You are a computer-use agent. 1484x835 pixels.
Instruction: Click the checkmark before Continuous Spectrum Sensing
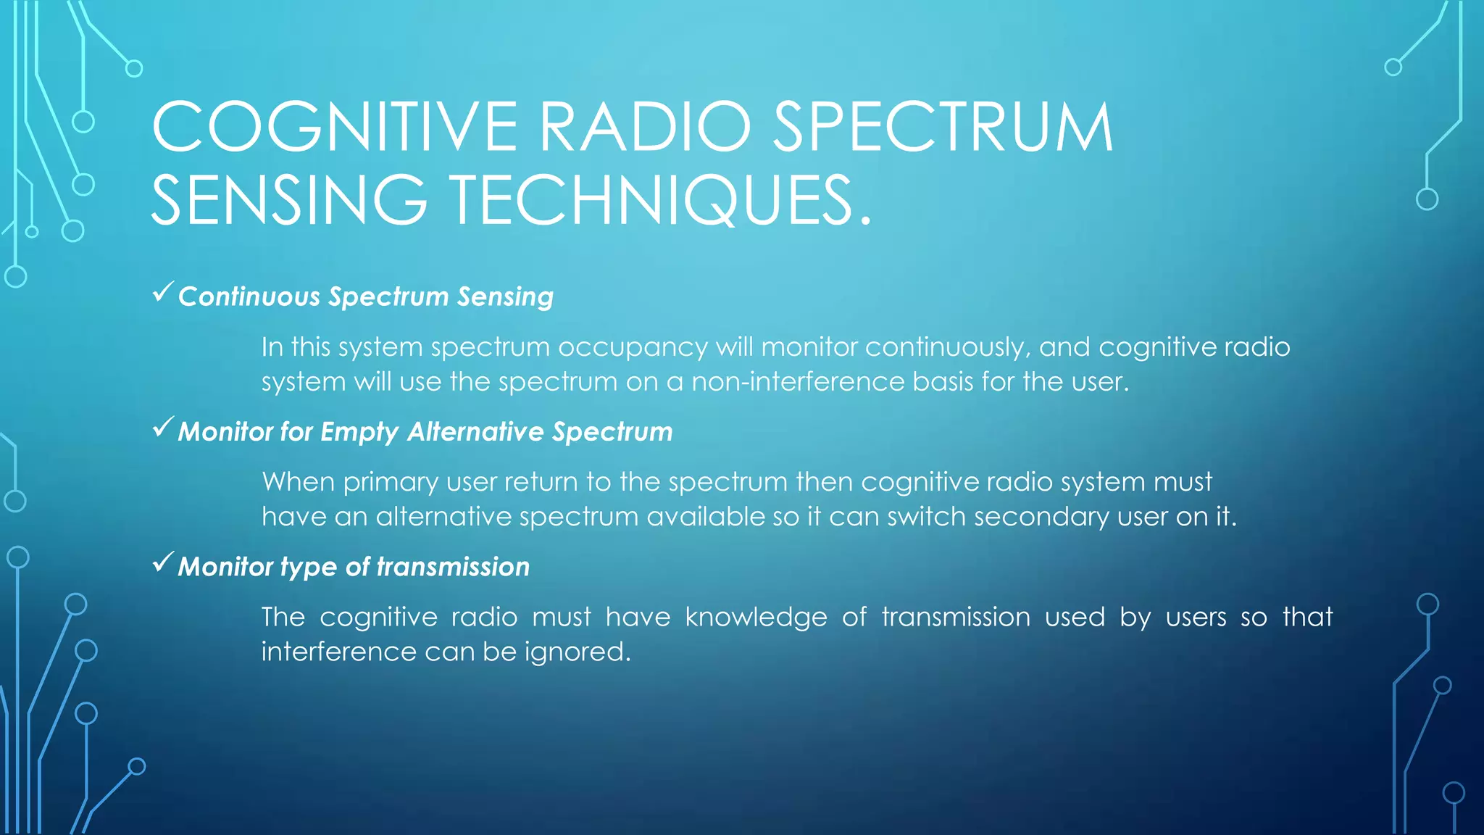163,293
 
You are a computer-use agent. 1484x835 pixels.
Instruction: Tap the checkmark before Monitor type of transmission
163,562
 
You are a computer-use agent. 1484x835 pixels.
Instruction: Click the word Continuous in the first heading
249,296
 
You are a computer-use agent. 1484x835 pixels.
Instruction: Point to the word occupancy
633,348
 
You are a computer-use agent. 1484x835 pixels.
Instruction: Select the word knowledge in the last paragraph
756,618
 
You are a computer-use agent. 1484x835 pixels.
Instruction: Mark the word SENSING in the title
289,200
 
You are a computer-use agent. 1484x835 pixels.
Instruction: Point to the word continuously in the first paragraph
947,347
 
